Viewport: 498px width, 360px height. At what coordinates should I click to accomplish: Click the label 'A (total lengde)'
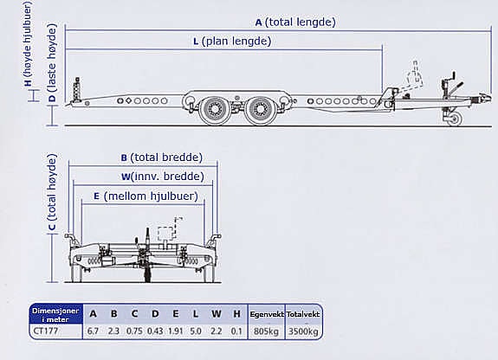(x=295, y=22)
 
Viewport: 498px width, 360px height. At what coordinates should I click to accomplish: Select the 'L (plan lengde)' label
(x=232, y=42)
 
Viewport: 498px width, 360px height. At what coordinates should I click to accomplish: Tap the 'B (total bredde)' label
(x=162, y=157)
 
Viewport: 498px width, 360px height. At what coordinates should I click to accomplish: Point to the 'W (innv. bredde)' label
(x=163, y=177)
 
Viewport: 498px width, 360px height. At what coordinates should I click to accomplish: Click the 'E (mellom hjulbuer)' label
(x=146, y=196)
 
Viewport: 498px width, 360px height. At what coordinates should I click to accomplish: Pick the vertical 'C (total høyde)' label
(x=51, y=192)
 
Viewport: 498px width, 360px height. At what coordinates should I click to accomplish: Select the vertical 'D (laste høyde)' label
(x=52, y=63)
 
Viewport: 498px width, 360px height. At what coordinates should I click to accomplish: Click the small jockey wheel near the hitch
(x=454, y=119)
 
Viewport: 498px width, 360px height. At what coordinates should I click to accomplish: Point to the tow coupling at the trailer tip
(x=485, y=98)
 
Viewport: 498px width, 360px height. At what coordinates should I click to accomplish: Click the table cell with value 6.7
(x=93, y=331)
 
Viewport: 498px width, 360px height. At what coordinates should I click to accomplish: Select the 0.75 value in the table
(x=134, y=331)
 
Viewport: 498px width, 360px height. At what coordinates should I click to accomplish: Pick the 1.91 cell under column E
(x=176, y=331)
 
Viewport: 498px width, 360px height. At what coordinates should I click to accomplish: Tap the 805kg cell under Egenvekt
(x=266, y=331)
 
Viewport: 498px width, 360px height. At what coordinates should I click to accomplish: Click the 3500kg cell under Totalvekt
(x=303, y=331)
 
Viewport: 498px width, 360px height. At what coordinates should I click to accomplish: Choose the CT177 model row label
(x=46, y=331)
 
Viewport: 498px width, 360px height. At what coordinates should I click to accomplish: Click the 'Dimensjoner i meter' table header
(x=55, y=315)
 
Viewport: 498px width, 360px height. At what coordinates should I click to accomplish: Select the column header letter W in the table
(x=216, y=314)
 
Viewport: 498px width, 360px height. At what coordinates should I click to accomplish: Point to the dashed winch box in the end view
(x=166, y=235)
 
